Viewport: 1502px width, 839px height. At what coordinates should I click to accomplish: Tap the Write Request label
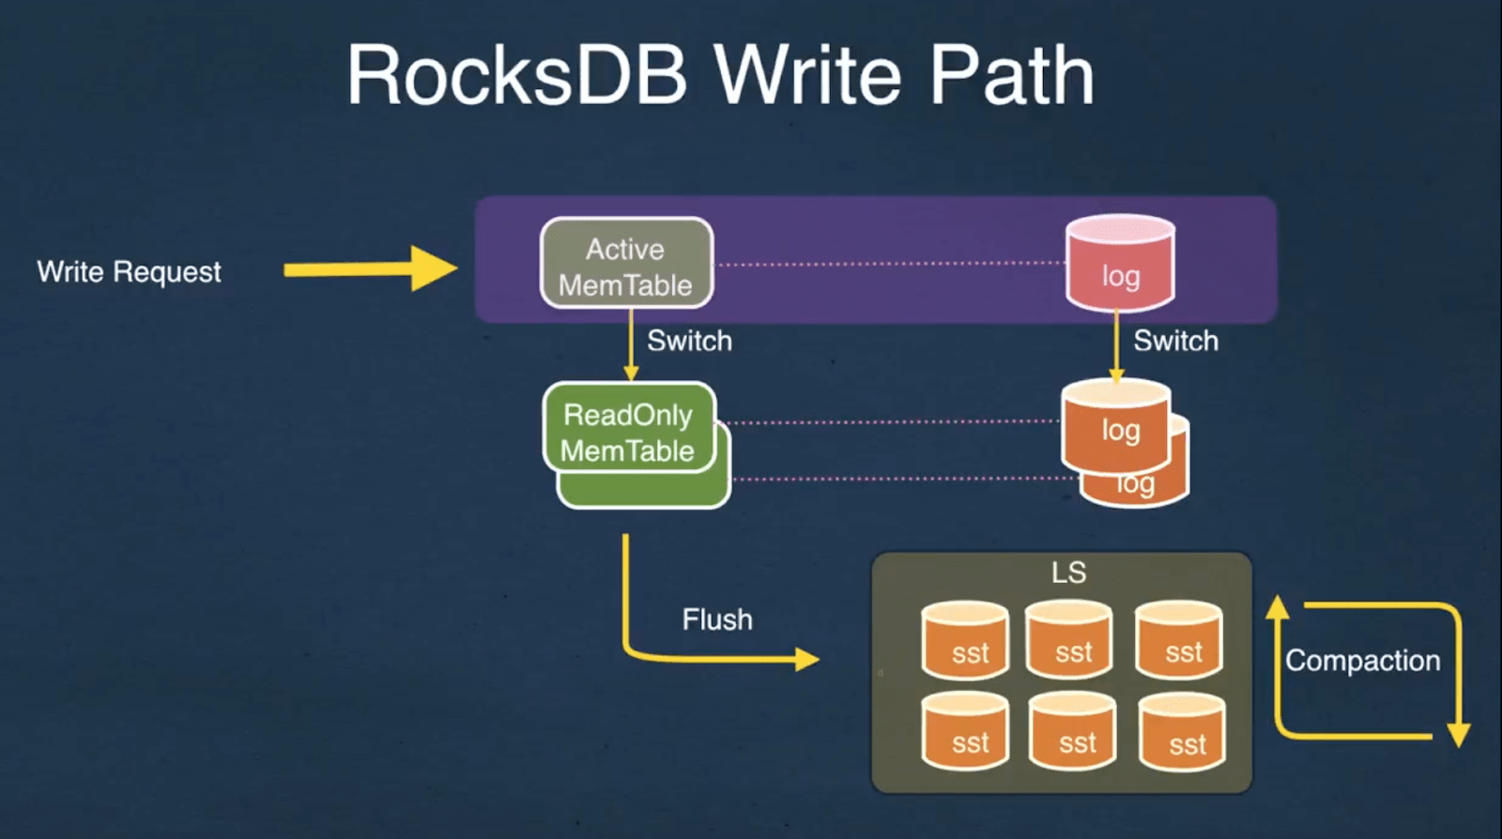tap(129, 272)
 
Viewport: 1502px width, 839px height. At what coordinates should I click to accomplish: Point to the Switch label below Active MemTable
tap(689, 341)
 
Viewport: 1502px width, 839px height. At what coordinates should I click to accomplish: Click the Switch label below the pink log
tap(1175, 341)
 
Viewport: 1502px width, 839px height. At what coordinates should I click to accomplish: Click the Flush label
tap(717, 619)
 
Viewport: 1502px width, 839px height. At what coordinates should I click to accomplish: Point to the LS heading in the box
tap(1068, 572)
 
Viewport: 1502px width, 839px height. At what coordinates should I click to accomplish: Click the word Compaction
tap(1362, 661)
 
